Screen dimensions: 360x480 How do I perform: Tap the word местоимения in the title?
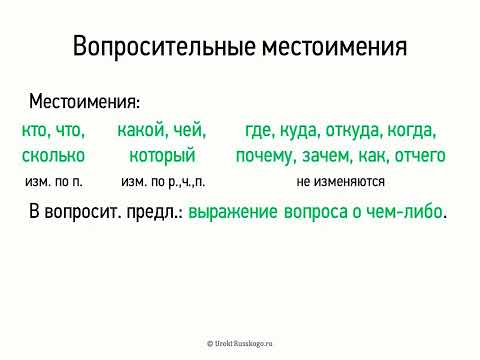[x=332, y=48]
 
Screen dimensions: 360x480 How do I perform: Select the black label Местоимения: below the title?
[x=85, y=102]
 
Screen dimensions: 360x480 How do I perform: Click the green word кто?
[x=36, y=130]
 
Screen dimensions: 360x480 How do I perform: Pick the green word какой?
[x=141, y=130]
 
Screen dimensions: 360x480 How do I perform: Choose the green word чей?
[x=188, y=130]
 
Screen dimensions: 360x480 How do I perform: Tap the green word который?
[x=161, y=156]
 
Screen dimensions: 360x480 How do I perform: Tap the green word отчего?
[x=419, y=156]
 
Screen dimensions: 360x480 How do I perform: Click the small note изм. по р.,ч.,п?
[x=162, y=183]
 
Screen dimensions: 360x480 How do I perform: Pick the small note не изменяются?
[x=341, y=183]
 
